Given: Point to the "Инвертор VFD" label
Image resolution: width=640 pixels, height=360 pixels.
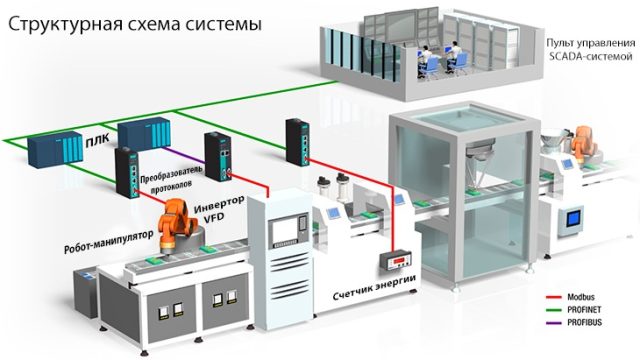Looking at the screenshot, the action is [x=219, y=209].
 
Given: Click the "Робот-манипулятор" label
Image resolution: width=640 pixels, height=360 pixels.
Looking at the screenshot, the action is [x=109, y=242].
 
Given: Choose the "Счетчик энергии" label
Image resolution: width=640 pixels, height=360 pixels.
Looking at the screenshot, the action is [x=374, y=287].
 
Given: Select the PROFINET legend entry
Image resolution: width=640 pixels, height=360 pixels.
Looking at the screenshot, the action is [x=573, y=310].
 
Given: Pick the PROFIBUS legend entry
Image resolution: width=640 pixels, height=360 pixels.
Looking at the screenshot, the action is [x=574, y=322].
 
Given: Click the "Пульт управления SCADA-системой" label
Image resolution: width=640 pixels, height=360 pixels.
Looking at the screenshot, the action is [x=591, y=49].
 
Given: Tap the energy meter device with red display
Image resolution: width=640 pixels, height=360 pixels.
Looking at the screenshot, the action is [x=395, y=260].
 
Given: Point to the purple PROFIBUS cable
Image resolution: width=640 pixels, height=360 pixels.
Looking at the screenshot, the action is [x=184, y=155].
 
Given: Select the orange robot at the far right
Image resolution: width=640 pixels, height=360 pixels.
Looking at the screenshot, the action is [x=581, y=144].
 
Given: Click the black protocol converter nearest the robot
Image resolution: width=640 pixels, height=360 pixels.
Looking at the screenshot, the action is [x=128, y=173].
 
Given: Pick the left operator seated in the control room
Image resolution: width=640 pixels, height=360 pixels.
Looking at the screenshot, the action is [x=426, y=61].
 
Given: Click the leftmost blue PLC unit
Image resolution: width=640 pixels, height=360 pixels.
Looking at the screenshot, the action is [x=54, y=149].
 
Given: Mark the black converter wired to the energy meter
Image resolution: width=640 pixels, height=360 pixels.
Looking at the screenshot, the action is [x=297, y=142].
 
